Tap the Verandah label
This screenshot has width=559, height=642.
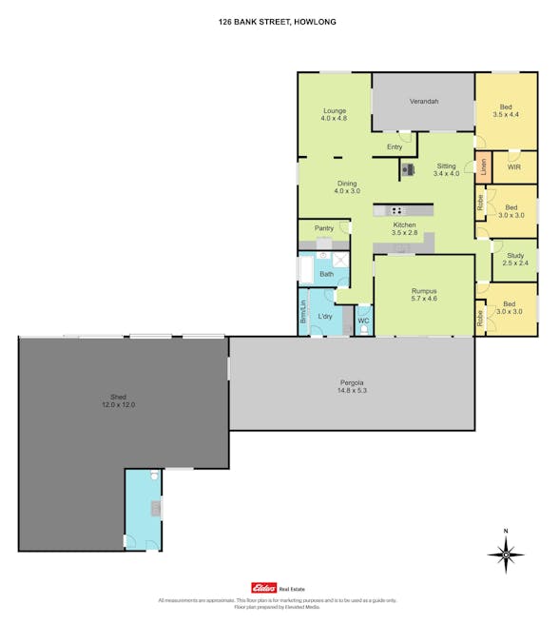423,102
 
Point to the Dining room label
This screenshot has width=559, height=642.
346,187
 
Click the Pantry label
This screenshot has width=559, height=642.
324,228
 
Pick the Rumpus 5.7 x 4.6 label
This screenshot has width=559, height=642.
424,295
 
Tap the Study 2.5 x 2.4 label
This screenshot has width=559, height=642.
515,259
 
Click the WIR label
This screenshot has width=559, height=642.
513,166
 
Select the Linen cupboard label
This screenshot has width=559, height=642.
483,167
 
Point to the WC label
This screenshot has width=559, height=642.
362,321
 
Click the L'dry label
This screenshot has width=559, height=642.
325,316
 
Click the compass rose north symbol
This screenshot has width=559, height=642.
506,554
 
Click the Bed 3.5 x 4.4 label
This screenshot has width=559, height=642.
506,110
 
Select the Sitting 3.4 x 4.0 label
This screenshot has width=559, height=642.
446,169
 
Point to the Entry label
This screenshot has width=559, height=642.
395,147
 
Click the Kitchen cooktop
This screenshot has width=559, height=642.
395,210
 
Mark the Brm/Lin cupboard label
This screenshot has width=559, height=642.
303,310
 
